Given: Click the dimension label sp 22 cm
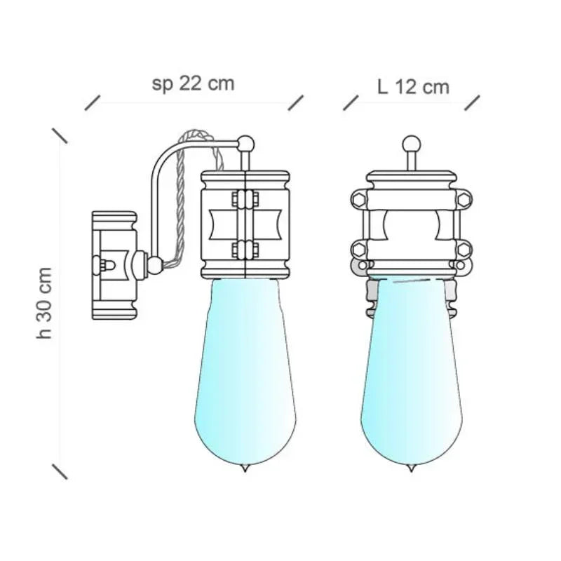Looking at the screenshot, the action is tap(194, 84).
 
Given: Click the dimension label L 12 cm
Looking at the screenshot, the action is tap(413, 87).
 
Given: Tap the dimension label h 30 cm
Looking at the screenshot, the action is tap(45, 303).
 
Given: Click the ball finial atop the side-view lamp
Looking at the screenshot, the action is tap(246, 144).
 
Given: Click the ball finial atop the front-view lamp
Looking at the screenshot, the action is tap(411, 144).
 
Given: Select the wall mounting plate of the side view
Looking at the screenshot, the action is tap(114, 265).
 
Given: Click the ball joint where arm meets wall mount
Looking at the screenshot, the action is tap(155, 265).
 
